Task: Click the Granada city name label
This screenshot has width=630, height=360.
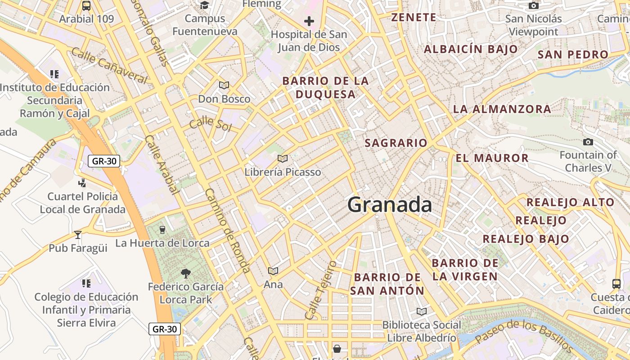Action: click(x=390, y=205)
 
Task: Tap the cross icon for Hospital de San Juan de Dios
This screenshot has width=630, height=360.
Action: click(x=309, y=21)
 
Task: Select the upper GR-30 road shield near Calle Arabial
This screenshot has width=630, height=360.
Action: click(x=103, y=161)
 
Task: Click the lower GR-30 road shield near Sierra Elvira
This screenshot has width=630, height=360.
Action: click(x=165, y=329)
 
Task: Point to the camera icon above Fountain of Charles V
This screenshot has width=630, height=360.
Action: click(x=588, y=142)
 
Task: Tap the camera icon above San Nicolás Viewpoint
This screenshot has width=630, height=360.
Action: click(x=533, y=5)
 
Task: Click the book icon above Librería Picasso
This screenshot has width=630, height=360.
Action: click(x=283, y=158)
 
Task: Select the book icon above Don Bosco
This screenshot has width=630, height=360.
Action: click(x=224, y=85)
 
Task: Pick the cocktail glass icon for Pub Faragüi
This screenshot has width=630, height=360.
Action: click(x=78, y=234)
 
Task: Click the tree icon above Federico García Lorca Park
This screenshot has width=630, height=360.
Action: click(x=185, y=273)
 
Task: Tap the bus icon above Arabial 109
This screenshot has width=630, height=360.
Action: click(x=86, y=6)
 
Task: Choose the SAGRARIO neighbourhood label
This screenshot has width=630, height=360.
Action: click(x=396, y=143)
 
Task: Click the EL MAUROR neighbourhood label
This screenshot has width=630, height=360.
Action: click(x=492, y=158)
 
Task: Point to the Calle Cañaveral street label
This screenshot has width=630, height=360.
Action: click(x=109, y=66)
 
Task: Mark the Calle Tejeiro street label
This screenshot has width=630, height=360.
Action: click(x=320, y=290)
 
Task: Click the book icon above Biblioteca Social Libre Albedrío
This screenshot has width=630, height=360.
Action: click(x=421, y=311)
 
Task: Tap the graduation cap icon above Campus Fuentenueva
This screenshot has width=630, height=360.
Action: click(x=205, y=5)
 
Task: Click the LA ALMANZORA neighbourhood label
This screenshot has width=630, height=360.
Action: click(x=502, y=109)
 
